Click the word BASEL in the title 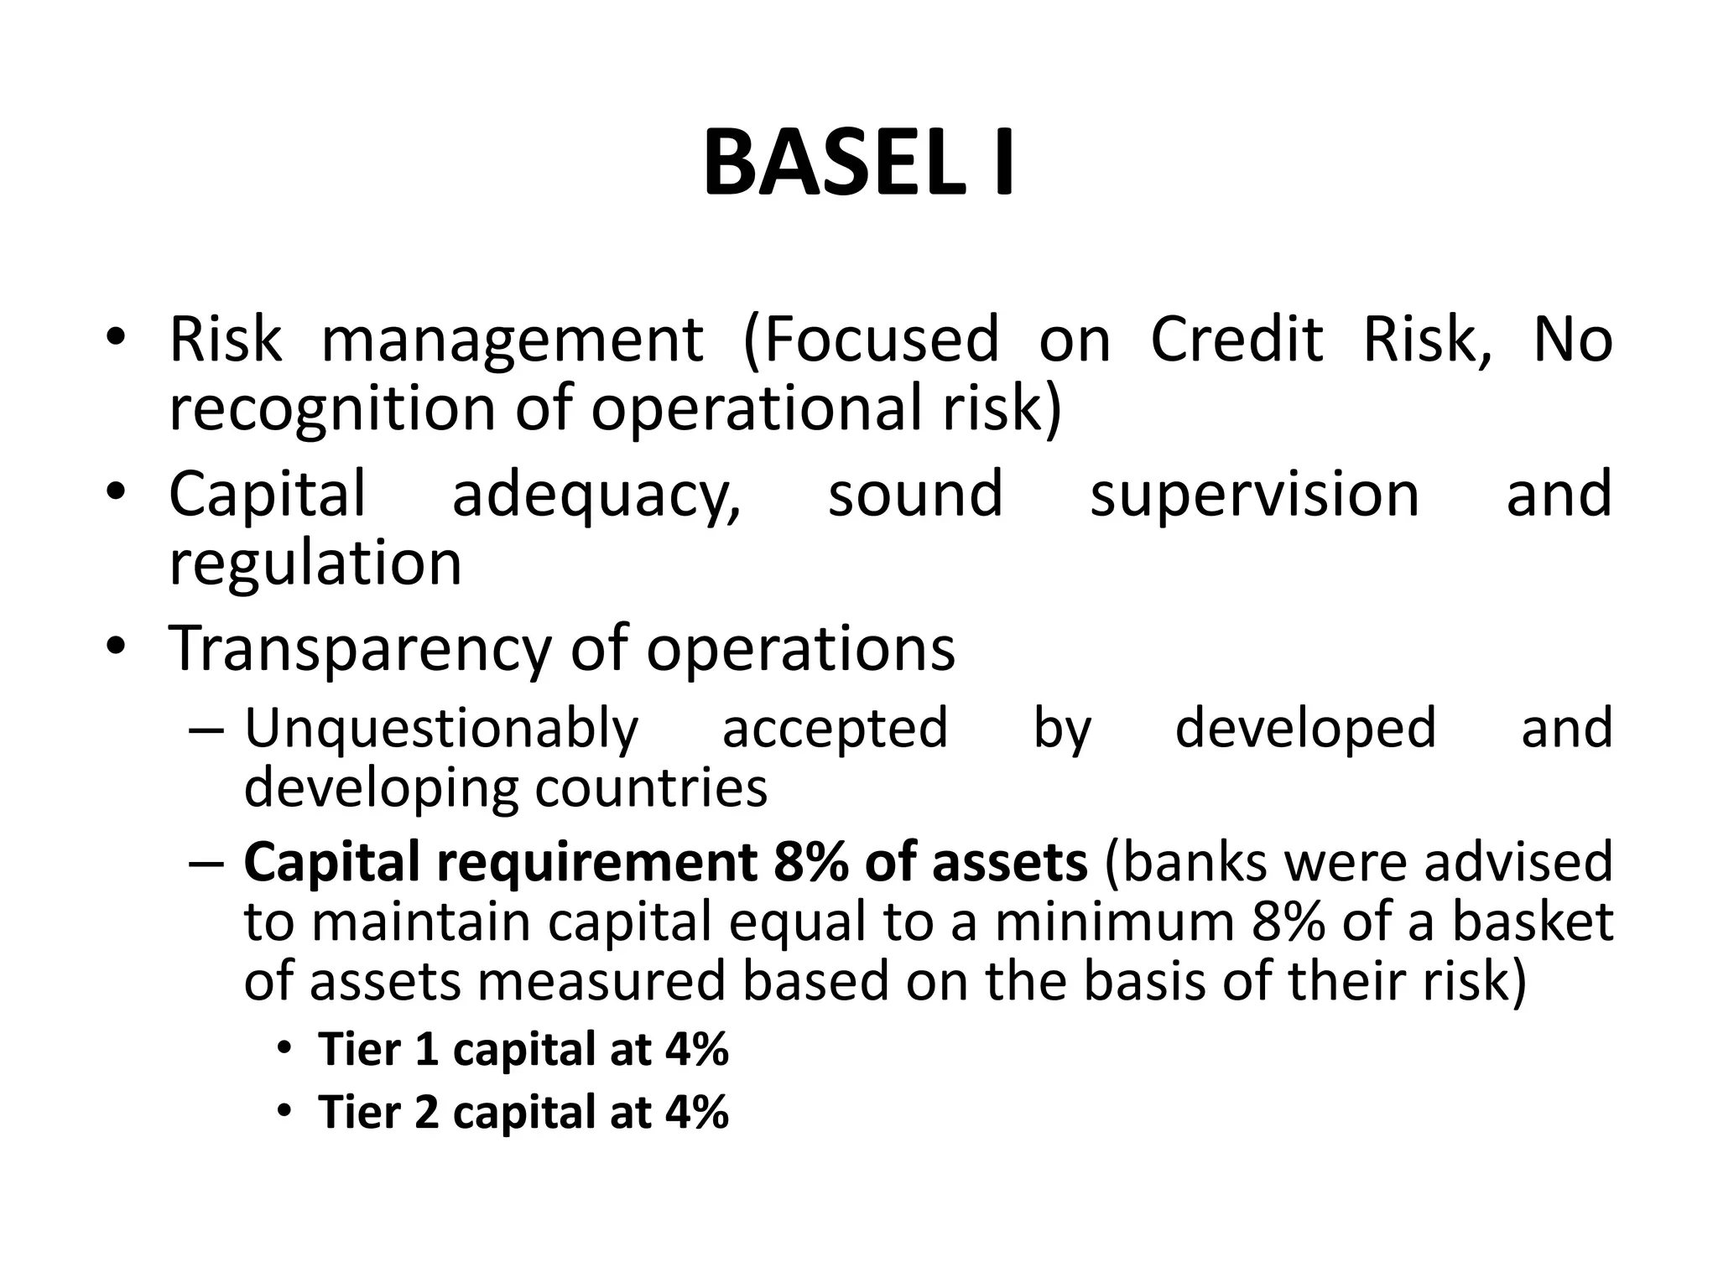pos(835,164)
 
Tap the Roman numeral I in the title pos(1002,164)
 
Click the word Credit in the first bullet pos(1236,340)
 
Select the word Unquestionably pos(442,729)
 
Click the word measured pos(601,981)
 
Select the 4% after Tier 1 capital pos(697,1049)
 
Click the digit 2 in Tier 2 pos(427,1113)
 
